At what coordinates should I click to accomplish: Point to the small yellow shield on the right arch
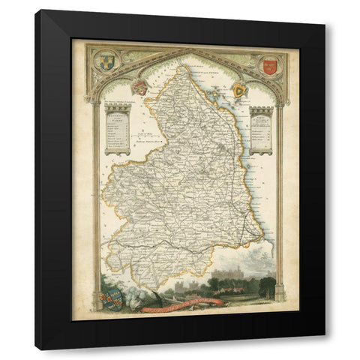point(239,91)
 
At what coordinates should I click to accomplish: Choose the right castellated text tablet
point(262,128)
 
